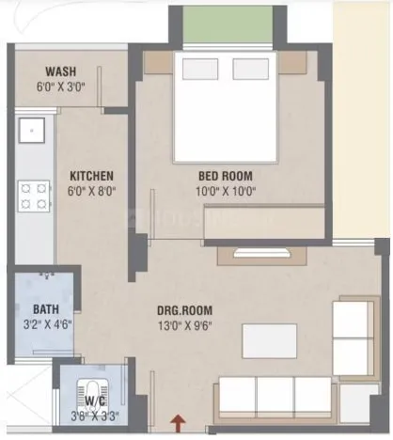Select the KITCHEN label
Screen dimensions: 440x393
pos(92,176)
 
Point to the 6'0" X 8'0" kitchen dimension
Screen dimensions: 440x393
pos(92,191)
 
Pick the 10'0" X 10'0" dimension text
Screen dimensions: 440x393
pos(225,191)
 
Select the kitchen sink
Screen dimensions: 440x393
pos(32,130)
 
